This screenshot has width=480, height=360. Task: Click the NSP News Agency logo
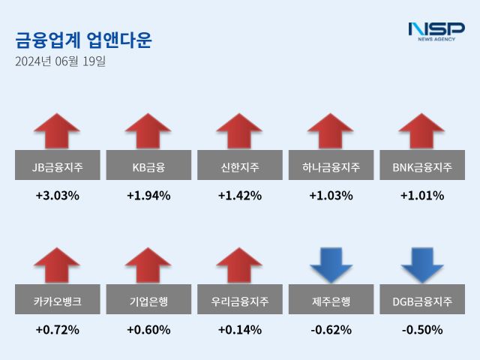coord(436,31)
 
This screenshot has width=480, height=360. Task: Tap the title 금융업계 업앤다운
coord(83,40)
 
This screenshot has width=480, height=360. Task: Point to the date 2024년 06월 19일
coord(60,61)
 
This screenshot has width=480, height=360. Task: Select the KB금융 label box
coord(148,166)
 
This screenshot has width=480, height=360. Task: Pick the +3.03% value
coord(57,196)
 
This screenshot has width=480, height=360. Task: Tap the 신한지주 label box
coord(239,166)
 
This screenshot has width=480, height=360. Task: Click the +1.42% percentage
coord(239,196)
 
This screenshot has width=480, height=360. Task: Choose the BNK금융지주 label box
coord(422,166)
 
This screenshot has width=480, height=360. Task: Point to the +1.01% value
coord(422,196)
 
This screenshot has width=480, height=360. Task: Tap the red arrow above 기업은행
coord(148,265)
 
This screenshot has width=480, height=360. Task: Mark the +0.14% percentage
coord(239,329)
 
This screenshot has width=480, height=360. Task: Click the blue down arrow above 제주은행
coord(331,265)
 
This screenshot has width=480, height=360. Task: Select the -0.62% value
coord(331,329)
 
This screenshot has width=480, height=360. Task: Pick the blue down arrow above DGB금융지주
coord(422,265)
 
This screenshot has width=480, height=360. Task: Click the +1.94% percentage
coord(148,196)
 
